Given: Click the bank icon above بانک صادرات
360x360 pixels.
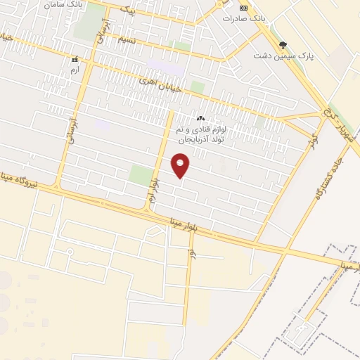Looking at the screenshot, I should pos(244,7).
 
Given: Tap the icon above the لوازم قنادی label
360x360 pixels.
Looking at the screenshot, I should pos(200,119).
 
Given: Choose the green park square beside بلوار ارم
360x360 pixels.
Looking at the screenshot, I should pos(141,175).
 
